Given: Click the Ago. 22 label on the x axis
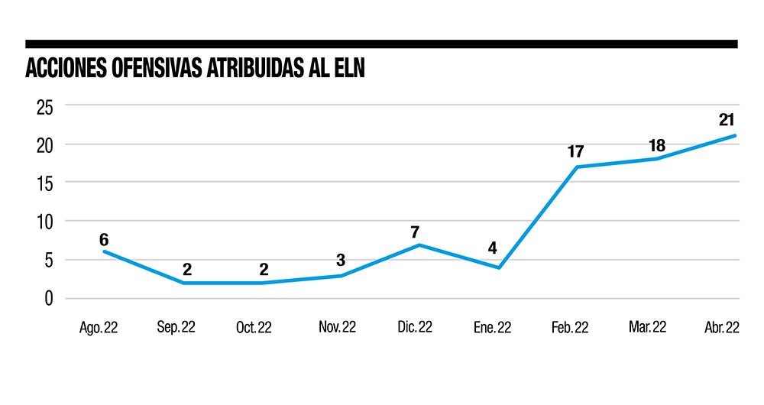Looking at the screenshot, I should coord(98,327).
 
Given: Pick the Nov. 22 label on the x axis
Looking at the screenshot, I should coord(337,327).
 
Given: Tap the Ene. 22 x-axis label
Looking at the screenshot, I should coord(494,327).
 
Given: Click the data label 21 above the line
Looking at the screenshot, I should coord(727,120).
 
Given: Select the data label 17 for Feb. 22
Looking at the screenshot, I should coord(575,151).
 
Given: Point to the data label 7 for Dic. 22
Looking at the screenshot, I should coord(415,231).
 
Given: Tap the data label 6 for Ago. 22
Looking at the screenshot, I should coord(104,240).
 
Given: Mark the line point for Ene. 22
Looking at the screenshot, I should coord(499,267).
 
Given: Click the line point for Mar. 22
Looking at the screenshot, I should coord(656,159).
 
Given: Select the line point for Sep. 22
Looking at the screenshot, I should coord(183,283).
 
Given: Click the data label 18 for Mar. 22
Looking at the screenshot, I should coord(656,144).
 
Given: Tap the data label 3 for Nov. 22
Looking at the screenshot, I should coord(341,261).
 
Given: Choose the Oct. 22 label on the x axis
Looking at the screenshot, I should coord(254,327).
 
